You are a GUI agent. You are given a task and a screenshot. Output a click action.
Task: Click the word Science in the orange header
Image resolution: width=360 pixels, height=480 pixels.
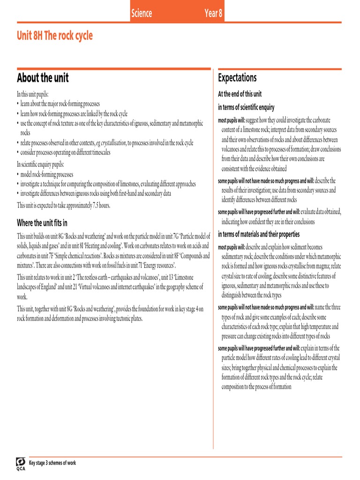142,13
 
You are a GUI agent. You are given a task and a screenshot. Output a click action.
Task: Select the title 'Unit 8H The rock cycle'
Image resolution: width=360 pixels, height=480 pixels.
55,36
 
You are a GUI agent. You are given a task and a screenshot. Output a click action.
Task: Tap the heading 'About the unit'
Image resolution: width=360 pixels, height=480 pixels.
43,78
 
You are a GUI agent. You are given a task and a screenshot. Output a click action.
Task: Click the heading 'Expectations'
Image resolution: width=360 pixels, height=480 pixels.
238,78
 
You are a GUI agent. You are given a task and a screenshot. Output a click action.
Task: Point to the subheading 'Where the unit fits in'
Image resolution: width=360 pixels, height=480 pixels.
42,223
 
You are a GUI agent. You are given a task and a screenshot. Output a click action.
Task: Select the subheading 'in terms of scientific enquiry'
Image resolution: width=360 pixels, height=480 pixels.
246,107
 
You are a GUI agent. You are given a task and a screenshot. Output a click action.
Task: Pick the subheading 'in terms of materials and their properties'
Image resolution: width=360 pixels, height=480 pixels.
259,234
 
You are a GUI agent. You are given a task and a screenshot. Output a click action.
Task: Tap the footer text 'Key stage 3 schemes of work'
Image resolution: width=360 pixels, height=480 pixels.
52,463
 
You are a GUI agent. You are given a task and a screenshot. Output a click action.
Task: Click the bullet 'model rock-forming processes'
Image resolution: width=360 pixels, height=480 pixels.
46,174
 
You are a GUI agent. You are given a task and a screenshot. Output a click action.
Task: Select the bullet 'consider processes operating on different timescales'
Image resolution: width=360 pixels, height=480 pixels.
70,152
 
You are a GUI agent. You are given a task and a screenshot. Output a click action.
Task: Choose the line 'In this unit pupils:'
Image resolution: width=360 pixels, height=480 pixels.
33,94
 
